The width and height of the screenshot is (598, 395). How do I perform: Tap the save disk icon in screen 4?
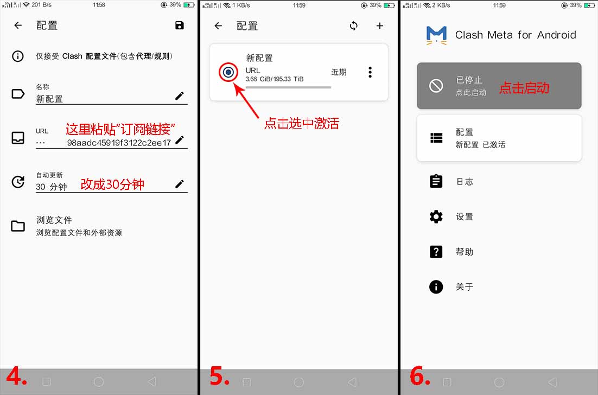(179, 25)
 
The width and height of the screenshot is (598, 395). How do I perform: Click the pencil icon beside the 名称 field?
(180, 95)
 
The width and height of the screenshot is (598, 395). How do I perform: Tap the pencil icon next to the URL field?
(180, 140)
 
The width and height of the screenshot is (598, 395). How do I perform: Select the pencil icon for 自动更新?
(180, 184)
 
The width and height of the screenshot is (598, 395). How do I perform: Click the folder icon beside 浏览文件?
(18, 226)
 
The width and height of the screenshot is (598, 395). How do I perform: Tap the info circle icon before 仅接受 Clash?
(18, 56)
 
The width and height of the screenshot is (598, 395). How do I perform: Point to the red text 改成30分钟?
(112, 184)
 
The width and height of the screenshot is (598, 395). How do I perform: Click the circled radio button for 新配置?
(228, 72)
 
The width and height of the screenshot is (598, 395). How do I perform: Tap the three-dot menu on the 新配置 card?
(370, 72)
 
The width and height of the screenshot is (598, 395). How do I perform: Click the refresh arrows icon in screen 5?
(354, 26)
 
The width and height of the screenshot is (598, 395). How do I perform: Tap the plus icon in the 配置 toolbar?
(379, 26)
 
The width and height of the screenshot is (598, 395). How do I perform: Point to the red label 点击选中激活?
(302, 124)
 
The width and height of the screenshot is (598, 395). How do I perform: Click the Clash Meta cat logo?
(436, 35)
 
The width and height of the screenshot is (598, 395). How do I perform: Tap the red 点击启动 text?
(524, 88)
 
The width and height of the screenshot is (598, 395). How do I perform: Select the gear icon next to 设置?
(436, 216)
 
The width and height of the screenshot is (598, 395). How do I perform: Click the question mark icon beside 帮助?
(436, 252)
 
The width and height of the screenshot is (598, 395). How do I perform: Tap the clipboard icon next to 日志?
(436, 181)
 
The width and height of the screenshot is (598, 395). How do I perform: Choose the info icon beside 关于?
(436, 286)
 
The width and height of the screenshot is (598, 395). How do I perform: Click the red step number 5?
(219, 376)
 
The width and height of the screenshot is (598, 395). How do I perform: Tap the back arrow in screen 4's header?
(18, 25)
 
